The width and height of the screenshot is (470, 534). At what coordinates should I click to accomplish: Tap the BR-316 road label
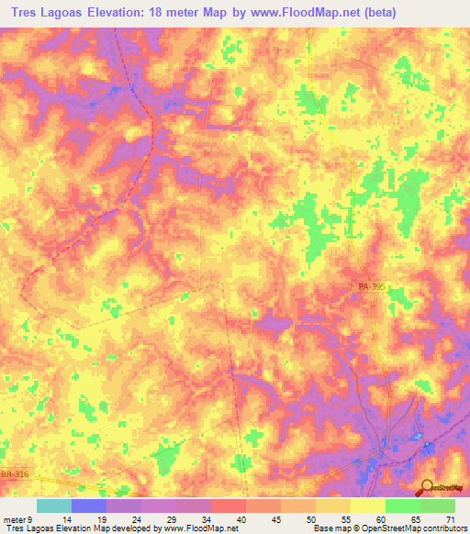tap(15, 474)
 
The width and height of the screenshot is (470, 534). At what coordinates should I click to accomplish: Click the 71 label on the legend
tap(450, 519)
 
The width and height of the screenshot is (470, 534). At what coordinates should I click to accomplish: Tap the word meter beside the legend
tap(14, 519)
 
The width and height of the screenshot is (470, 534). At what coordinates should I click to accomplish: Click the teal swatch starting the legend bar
tap(54, 506)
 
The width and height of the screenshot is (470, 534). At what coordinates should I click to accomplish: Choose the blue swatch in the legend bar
tap(89, 506)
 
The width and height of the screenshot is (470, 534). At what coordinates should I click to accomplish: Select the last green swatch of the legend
tap(438, 506)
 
